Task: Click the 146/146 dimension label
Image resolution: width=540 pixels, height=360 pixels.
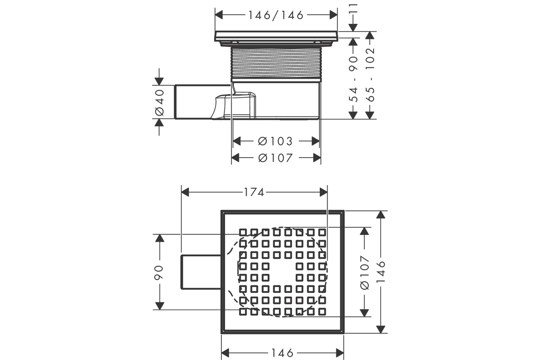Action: pyautogui.click(x=276, y=15)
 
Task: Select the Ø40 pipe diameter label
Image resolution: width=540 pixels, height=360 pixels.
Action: pyautogui.click(x=159, y=103)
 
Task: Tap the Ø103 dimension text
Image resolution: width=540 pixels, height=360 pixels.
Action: pyautogui.click(x=275, y=141)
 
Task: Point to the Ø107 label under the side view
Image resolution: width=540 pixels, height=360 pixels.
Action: pyautogui.click(x=275, y=158)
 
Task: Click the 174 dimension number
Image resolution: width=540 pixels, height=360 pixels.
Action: pyautogui.click(x=254, y=193)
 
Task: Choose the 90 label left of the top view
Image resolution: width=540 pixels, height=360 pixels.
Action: pyautogui.click(x=158, y=272)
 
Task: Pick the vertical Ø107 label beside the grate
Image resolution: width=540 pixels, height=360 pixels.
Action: pyautogui.click(x=364, y=272)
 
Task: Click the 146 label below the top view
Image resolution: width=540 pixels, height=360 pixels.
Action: pyautogui.click(x=283, y=353)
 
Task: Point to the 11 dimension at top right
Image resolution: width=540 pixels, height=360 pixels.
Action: pyautogui.click(x=354, y=8)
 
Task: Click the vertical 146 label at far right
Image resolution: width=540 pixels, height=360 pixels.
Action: pyautogui.click(x=381, y=272)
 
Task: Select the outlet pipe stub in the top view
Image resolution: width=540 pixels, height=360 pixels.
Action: pyautogui.click(x=201, y=272)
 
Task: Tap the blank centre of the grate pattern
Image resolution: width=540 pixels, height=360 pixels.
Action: pyautogui.click(x=282, y=272)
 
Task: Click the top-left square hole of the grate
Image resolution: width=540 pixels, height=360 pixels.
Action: pyautogui.click(x=243, y=233)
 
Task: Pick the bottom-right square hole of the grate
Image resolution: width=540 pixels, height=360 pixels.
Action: pyautogui.click(x=322, y=312)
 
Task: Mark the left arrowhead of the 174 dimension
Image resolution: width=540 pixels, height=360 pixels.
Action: pyautogui.click(x=185, y=193)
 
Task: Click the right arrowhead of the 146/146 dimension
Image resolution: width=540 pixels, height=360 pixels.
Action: pyautogui.click(x=333, y=15)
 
